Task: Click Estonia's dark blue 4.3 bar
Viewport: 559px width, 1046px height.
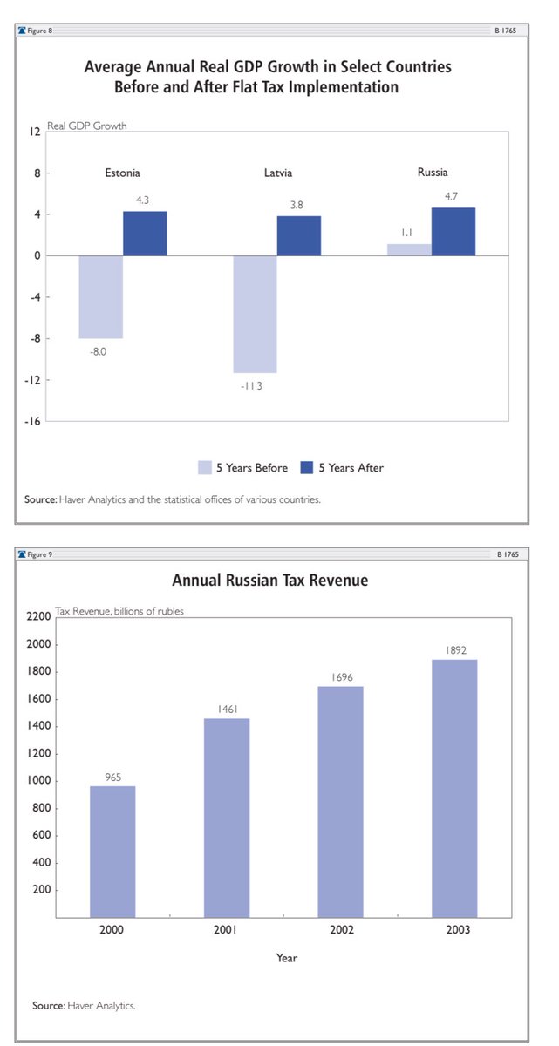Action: click(x=145, y=234)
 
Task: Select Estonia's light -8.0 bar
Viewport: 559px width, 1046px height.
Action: click(x=100, y=296)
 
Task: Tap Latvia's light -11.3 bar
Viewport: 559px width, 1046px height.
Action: click(x=255, y=314)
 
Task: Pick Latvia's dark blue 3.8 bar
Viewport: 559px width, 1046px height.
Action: click(x=299, y=235)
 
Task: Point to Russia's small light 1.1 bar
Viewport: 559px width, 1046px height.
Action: click(x=409, y=249)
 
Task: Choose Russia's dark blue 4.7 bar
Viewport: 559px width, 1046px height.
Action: click(x=453, y=232)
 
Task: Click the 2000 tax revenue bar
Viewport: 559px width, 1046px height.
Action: click(x=112, y=852)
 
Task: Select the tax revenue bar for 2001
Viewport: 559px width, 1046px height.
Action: click(x=227, y=818)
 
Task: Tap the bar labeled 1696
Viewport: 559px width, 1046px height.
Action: click(x=341, y=802)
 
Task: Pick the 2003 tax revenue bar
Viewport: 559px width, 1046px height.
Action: click(x=455, y=788)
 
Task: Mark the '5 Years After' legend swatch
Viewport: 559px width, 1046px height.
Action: click(x=306, y=467)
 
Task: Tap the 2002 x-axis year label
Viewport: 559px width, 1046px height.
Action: click(x=341, y=930)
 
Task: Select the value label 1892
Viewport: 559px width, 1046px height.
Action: click(x=455, y=650)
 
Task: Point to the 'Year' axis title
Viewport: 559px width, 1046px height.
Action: click(x=286, y=958)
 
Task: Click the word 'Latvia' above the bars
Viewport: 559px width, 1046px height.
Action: click(x=279, y=173)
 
